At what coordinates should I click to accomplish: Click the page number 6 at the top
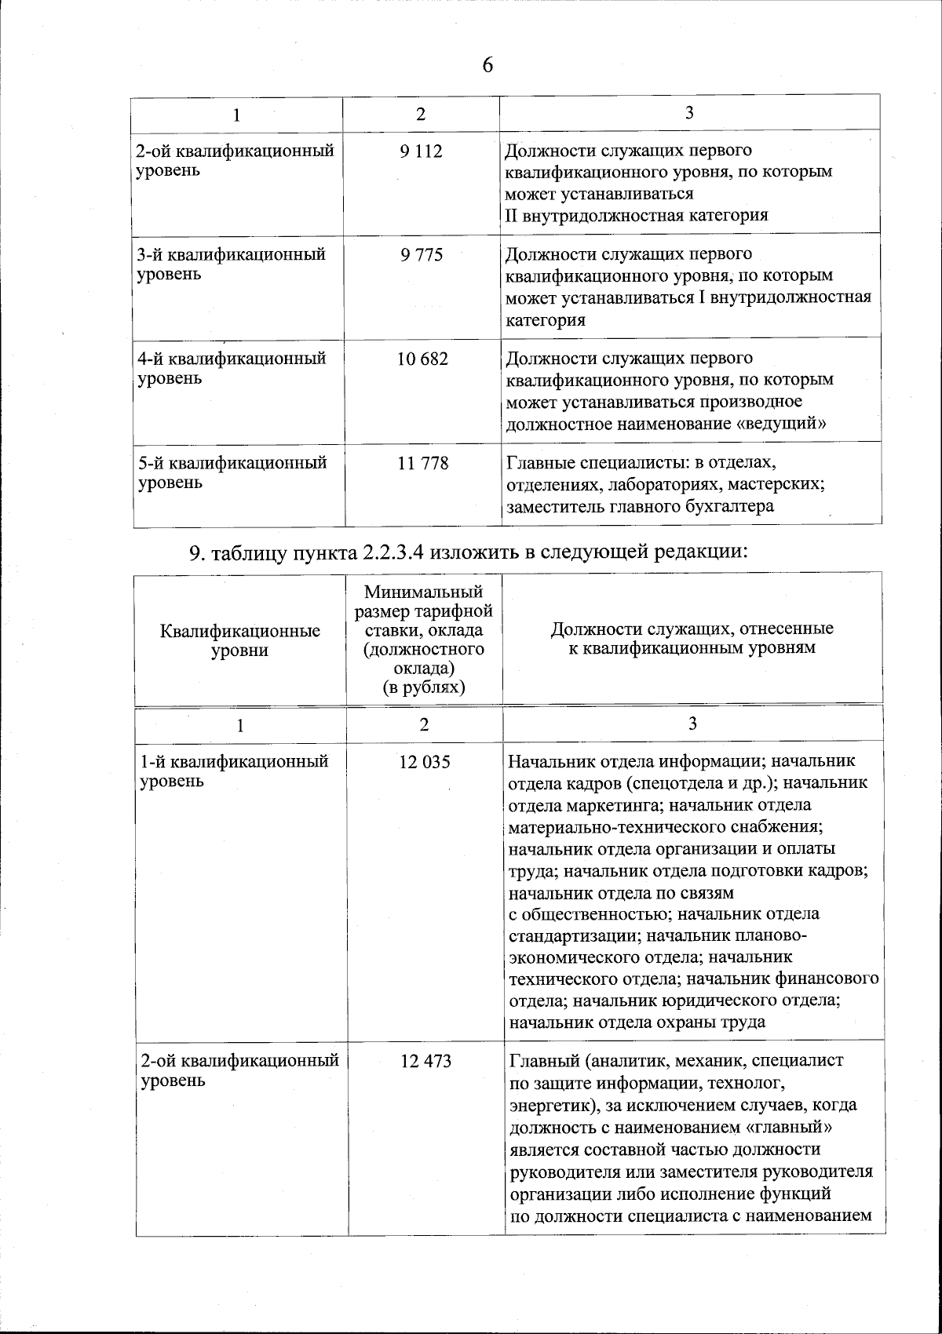[x=487, y=65]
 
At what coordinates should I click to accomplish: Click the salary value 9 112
[x=421, y=151]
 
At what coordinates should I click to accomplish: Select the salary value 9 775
[x=421, y=255]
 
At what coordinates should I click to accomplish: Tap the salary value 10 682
[x=422, y=359]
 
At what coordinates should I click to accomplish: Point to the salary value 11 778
[x=423, y=463]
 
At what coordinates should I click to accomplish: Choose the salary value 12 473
[x=425, y=1061]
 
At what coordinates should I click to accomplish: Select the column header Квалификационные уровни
[x=240, y=640]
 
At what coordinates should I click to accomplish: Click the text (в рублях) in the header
[x=424, y=687]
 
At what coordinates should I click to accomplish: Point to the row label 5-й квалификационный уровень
[x=232, y=472]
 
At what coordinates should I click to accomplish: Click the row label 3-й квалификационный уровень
[x=232, y=264]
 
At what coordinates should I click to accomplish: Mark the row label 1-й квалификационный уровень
[x=233, y=771]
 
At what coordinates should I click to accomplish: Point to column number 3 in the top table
[x=688, y=112]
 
